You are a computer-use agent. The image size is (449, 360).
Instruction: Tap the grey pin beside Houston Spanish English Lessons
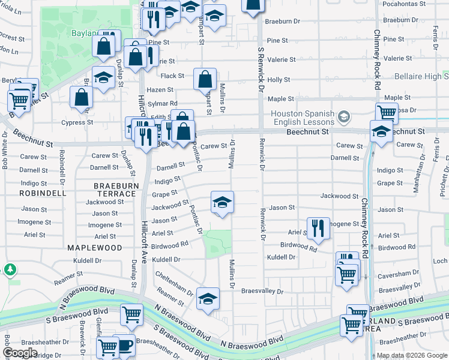click(343, 115)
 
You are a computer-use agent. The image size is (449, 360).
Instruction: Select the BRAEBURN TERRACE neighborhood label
click(115, 190)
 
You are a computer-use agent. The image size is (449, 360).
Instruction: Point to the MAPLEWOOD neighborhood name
click(94, 247)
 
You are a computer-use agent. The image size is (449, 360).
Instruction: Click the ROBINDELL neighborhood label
click(42, 194)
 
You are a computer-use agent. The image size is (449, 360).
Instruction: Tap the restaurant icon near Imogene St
click(318, 228)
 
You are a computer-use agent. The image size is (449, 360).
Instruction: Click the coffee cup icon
click(125, 345)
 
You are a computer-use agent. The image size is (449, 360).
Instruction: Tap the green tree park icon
click(10, 269)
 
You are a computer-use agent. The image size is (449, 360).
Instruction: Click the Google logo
click(20, 353)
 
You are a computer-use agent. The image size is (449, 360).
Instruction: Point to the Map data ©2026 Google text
click(412, 355)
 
